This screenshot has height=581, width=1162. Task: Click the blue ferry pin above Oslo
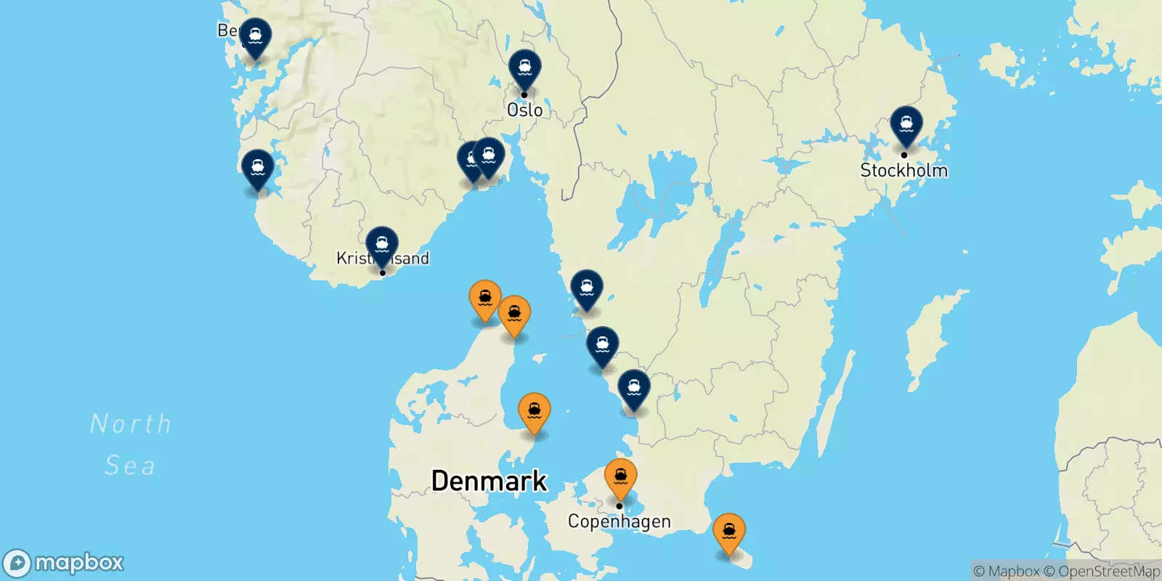click(x=524, y=68)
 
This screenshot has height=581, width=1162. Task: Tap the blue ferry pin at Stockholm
click(x=906, y=125)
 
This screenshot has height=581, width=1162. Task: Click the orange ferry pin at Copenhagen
click(x=621, y=477)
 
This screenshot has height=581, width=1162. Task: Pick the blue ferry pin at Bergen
click(x=256, y=36)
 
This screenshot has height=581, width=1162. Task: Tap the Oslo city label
click(x=524, y=110)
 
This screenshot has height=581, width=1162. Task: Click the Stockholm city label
click(x=903, y=171)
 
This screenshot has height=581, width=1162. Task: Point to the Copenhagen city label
click(x=619, y=521)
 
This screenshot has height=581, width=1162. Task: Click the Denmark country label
click(x=489, y=481)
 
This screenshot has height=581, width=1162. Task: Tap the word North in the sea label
click(x=131, y=423)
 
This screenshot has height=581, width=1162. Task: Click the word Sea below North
click(x=130, y=466)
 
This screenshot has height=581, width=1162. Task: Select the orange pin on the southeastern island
click(x=728, y=532)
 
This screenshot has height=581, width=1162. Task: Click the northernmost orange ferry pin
click(x=485, y=298)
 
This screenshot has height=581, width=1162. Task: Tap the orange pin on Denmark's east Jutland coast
click(x=535, y=412)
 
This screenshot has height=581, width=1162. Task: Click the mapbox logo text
click(x=78, y=563)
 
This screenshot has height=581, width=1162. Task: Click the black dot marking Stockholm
click(x=904, y=155)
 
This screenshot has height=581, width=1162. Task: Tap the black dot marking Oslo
click(x=524, y=94)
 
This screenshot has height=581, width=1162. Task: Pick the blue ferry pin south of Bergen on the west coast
click(x=258, y=168)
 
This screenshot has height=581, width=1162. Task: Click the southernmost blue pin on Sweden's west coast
click(x=634, y=389)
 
